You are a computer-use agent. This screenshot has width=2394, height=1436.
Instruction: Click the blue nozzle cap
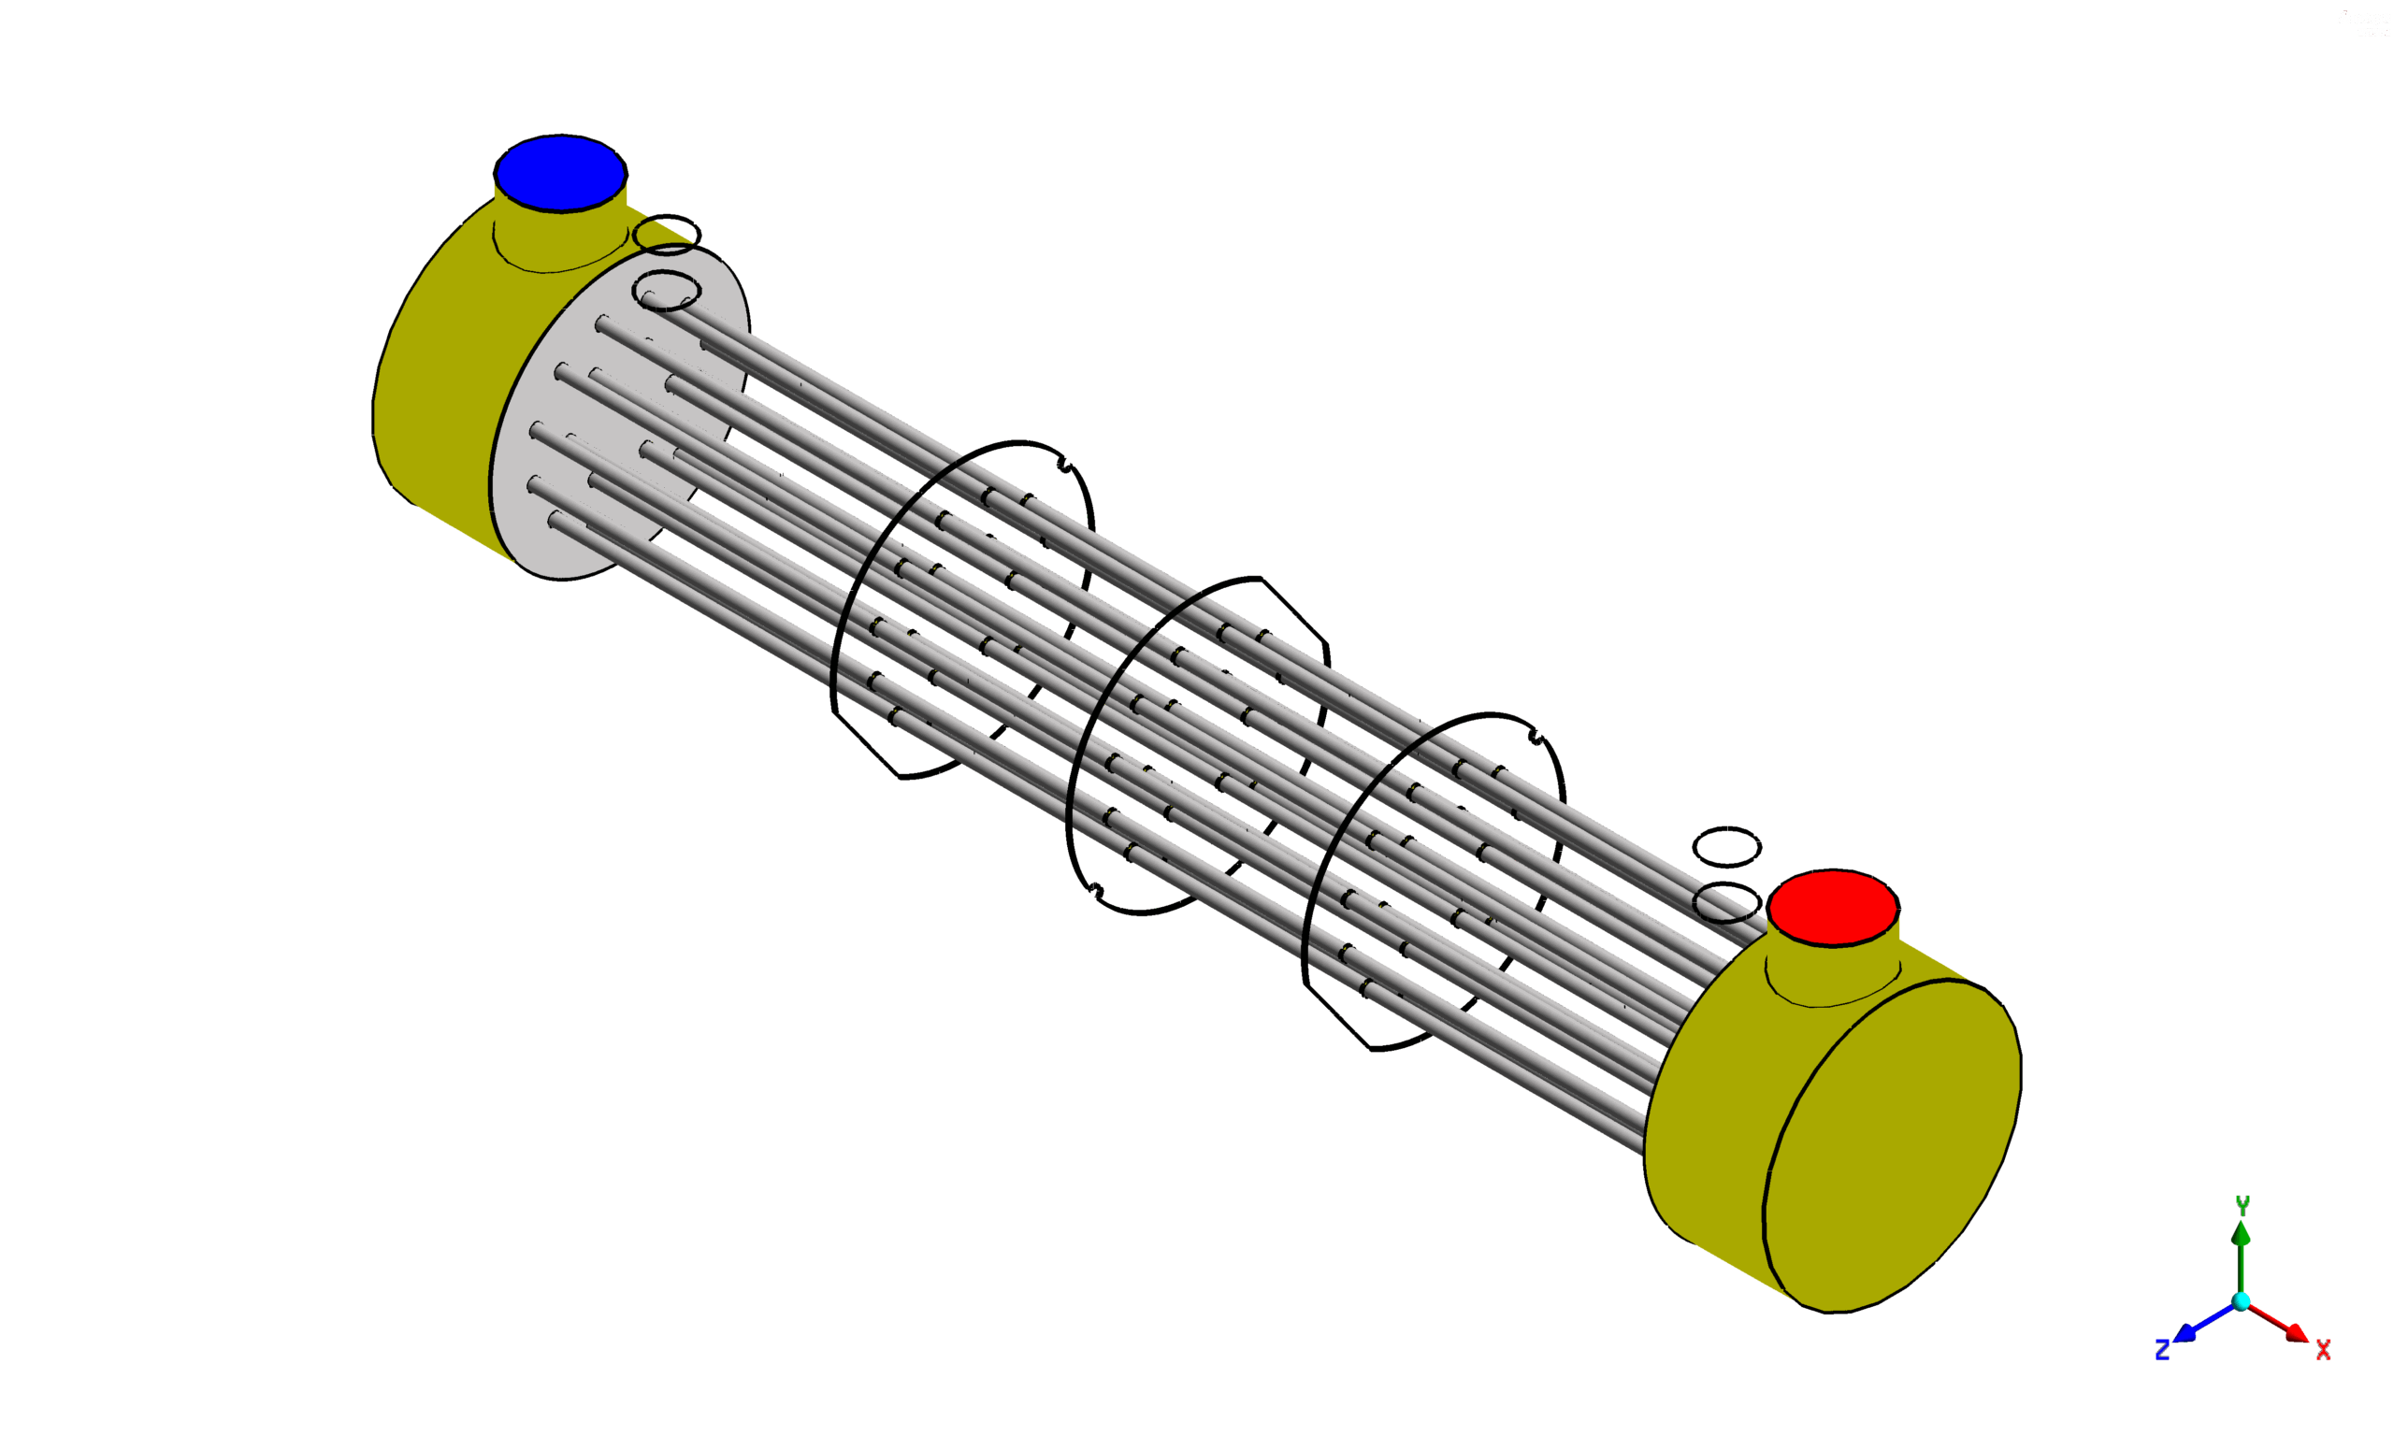coord(560,172)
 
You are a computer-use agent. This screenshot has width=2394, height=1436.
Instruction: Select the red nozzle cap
coord(1833,907)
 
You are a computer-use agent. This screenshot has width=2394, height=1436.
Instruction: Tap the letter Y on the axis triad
coord(2243,1205)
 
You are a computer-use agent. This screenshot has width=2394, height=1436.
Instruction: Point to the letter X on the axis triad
coord(2323,1350)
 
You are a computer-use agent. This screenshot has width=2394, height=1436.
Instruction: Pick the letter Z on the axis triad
coord(2162,1351)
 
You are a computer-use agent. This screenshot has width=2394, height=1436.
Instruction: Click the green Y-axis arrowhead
coord(2242,1234)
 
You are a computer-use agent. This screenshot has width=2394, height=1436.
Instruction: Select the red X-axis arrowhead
coord(2298,1334)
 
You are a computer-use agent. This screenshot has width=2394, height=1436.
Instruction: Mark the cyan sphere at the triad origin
coord(2242,1301)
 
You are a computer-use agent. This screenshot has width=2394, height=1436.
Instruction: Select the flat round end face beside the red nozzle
coord(1892,1147)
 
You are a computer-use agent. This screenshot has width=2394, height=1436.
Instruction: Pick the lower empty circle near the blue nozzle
coord(667,291)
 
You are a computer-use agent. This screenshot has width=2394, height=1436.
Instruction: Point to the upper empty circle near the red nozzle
coord(1727,847)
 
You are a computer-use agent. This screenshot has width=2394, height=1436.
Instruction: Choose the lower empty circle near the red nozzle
coord(1727,902)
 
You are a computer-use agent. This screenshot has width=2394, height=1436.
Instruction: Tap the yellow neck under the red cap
coord(1832,972)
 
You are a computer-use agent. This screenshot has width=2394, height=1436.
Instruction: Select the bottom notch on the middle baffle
coord(1095,889)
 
